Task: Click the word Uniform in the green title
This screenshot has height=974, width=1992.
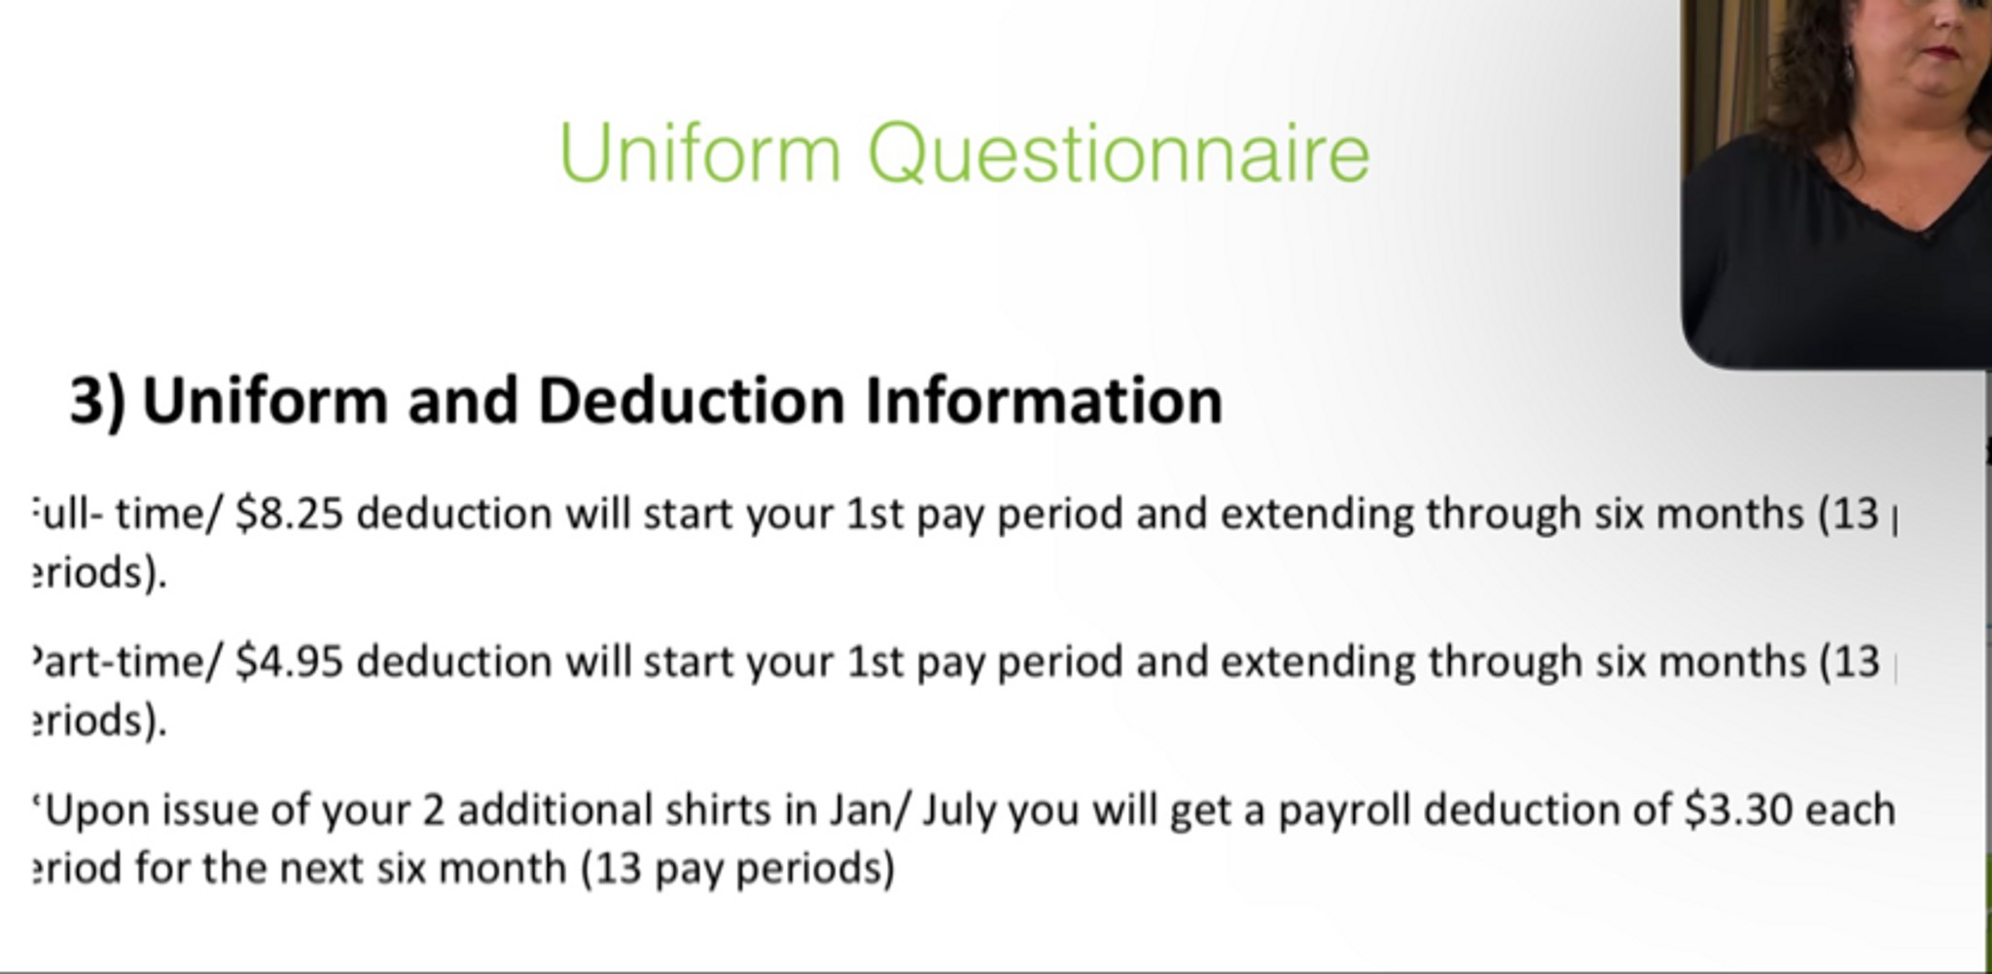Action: tap(699, 154)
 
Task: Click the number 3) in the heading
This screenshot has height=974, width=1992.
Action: tap(97, 401)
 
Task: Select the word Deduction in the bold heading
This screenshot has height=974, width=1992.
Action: tap(691, 401)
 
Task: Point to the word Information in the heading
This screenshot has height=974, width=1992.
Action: tap(1044, 401)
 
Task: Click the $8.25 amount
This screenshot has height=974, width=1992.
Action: tap(290, 514)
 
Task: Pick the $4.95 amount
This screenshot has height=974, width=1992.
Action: tap(290, 663)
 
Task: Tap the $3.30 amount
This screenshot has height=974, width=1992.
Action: tap(1738, 811)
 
